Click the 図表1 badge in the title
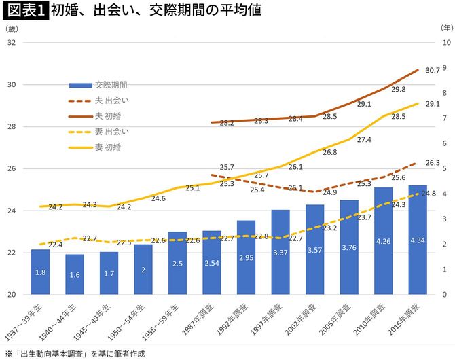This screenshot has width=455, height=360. (25, 12)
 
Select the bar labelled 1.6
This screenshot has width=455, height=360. (75, 274)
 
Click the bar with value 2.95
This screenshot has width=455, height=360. (246, 257)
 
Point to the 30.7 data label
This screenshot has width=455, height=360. (433, 70)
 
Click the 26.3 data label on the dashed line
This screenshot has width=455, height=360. (433, 163)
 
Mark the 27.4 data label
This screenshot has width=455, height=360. (364, 139)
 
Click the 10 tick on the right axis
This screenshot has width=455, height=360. (445, 43)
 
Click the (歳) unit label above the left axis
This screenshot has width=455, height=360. (12, 29)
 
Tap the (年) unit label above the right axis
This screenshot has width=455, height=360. (442, 29)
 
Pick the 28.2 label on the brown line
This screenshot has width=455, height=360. (227, 123)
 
